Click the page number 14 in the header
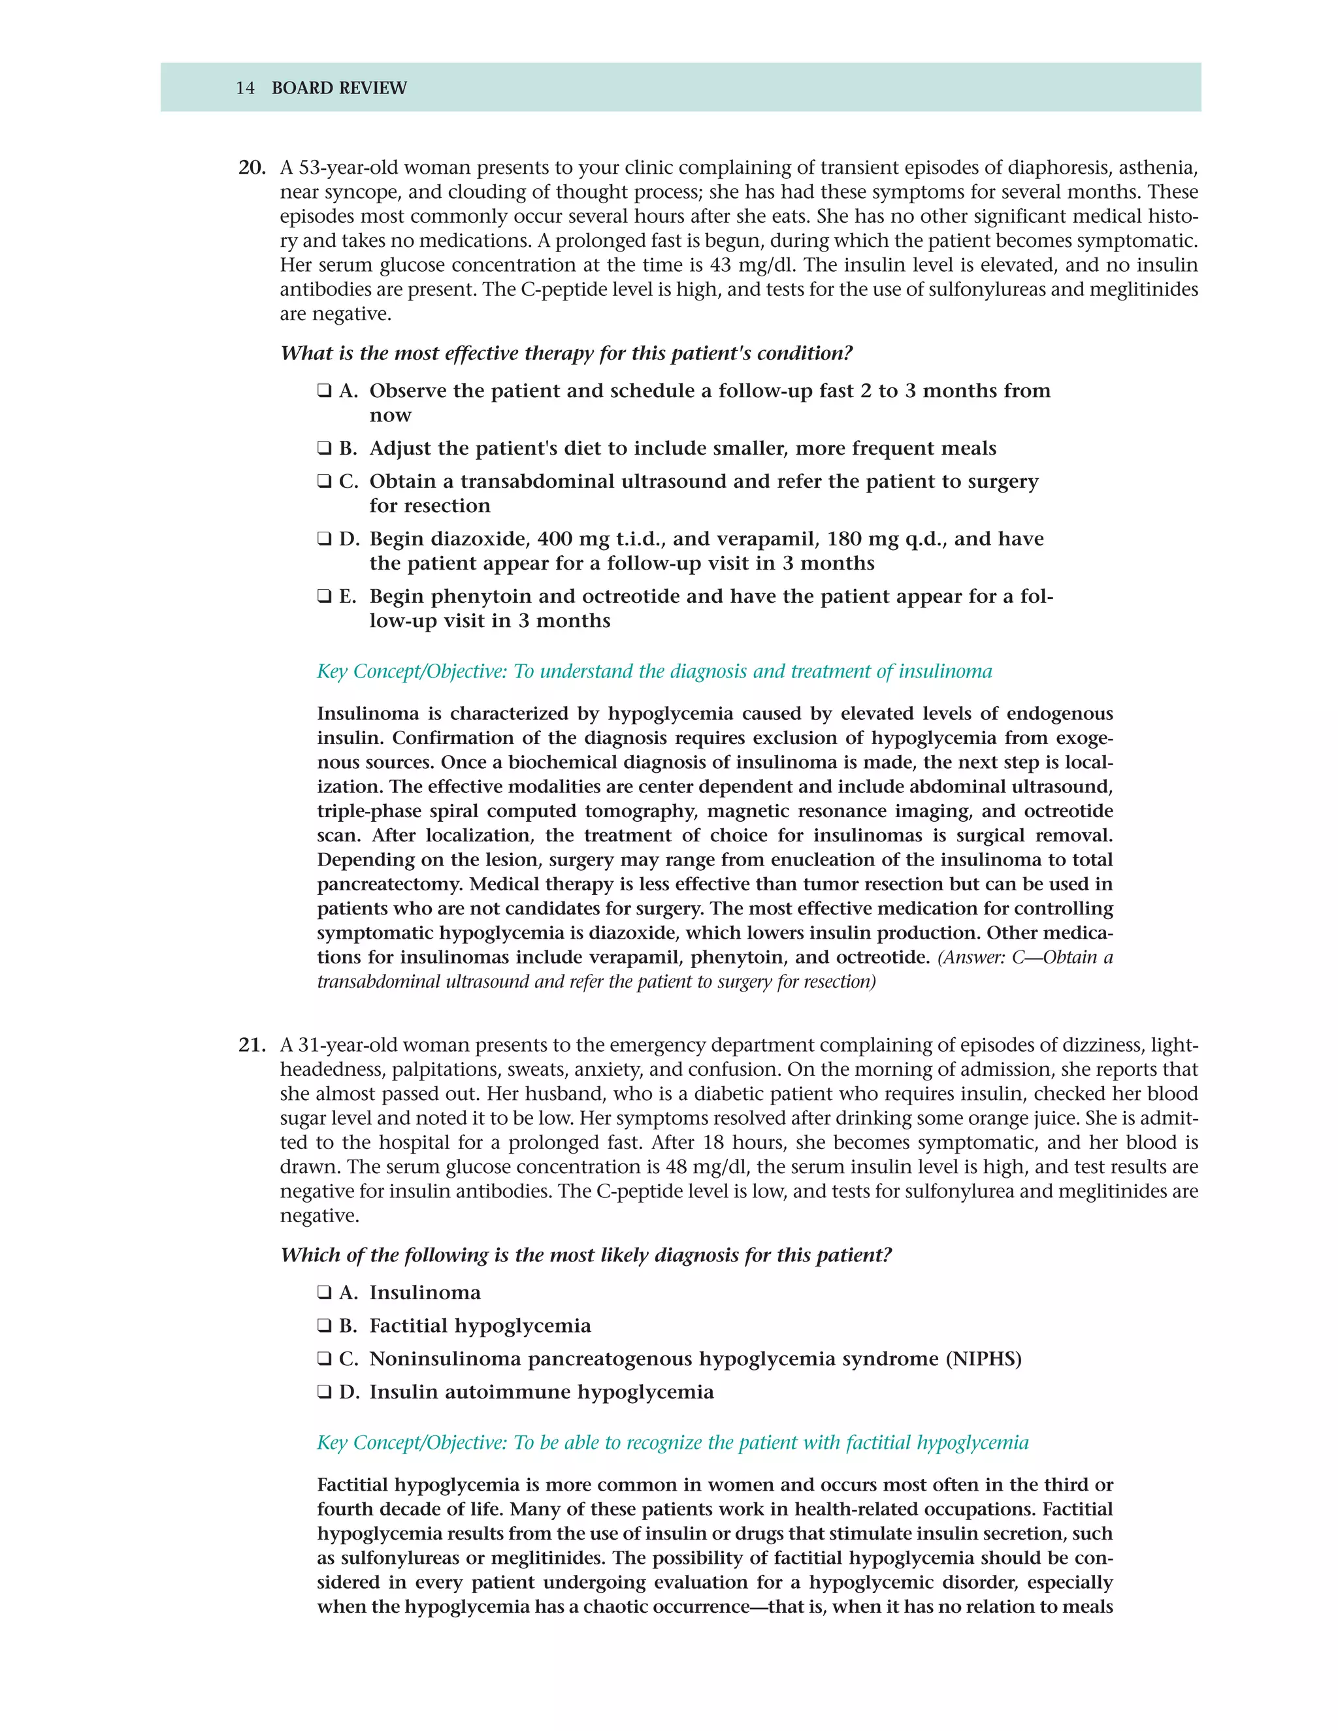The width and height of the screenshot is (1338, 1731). click(x=245, y=88)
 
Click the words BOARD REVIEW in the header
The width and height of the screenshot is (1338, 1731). click(x=338, y=88)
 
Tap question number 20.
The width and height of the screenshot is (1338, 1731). click(x=252, y=168)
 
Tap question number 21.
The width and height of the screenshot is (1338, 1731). click(x=252, y=1045)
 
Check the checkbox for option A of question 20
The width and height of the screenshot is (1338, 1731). click(x=324, y=391)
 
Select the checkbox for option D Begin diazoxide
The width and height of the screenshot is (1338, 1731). click(x=324, y=539)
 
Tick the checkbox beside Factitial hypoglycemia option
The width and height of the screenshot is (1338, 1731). click(x=324, y=1326)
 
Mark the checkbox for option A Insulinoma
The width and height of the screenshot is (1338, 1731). click(x=324, y=1293)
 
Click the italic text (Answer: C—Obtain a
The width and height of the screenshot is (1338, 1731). click(x=1025, y=958)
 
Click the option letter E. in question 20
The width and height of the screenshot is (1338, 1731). click(x=348, y=597)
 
